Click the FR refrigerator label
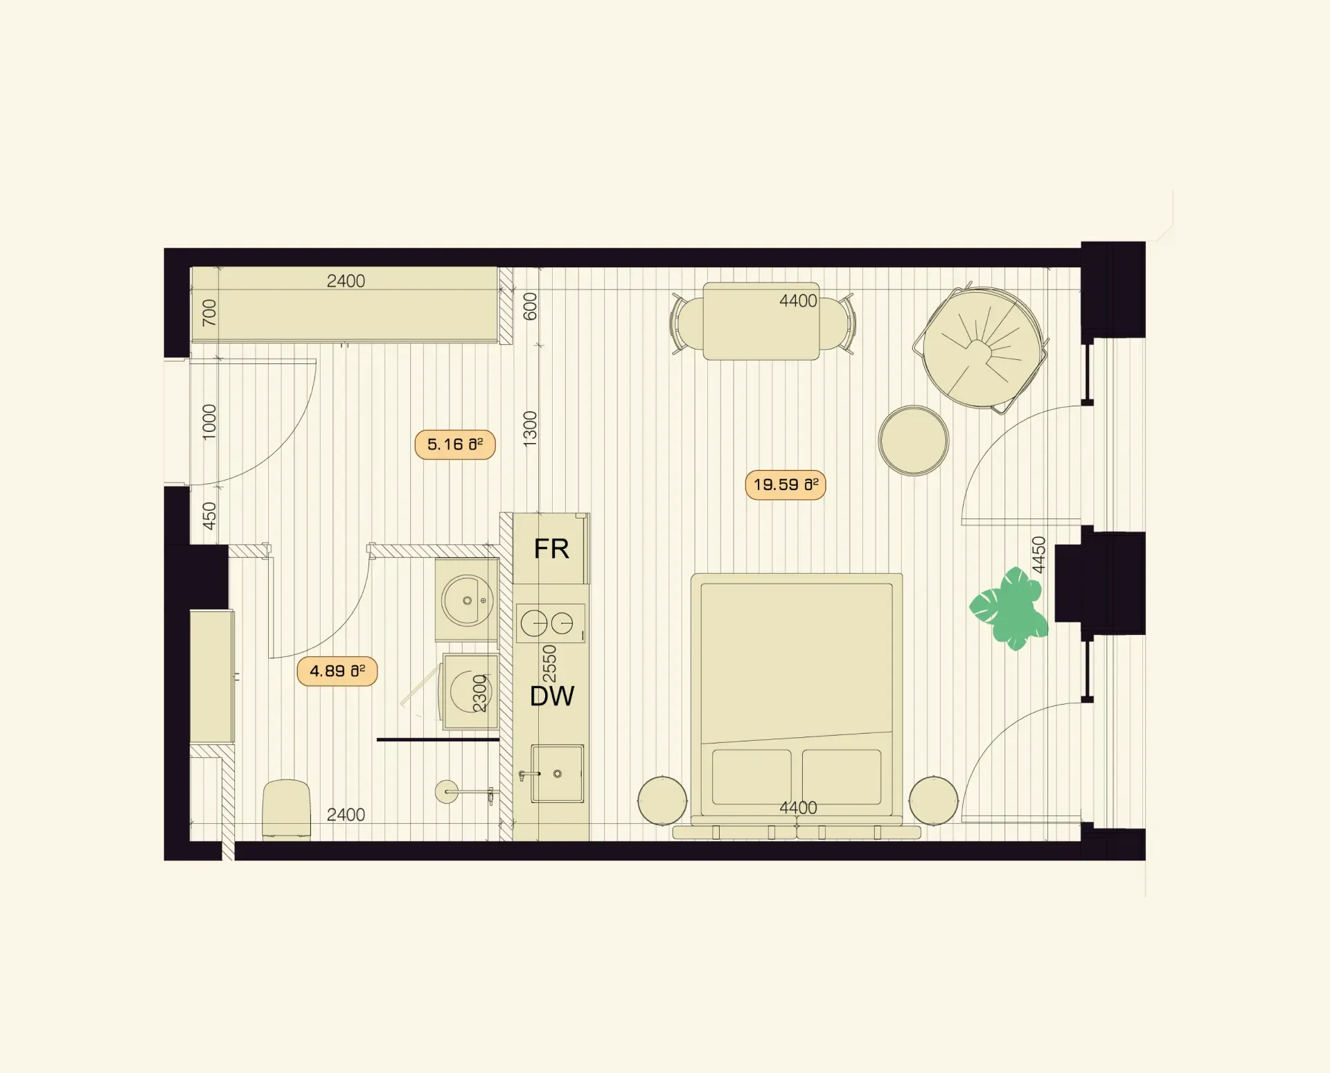(551, 549)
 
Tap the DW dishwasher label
(552, 696)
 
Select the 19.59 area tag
(786, 485)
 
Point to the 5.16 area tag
(455, 444)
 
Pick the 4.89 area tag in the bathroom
(337, 671)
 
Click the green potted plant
(1009, 608)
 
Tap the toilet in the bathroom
(286, 809)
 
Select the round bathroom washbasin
(468, 600)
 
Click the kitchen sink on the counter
(557, 773)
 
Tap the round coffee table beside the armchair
(914, 441)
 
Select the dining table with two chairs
(761, 321)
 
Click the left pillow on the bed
(752, 777)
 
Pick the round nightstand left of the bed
(662, 801)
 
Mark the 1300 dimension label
(530, 429)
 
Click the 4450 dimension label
(1038, 554)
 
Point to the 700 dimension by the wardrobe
(209, 313)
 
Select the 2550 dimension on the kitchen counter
(549, 664)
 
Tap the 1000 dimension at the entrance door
(209, 422)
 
